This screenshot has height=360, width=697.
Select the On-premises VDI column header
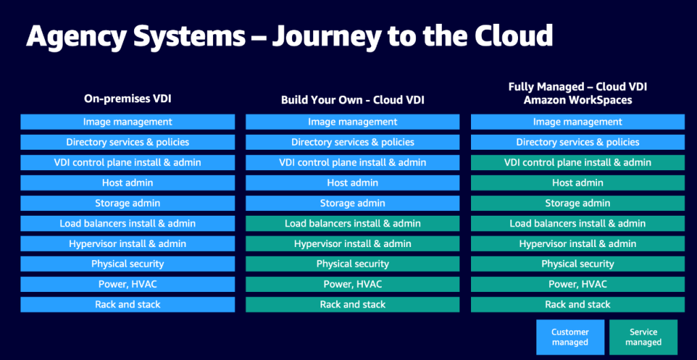(127, 99)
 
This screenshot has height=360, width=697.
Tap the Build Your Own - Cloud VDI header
(353, 100)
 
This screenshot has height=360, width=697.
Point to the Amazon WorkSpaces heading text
(577, 100)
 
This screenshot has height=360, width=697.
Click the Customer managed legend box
(570, 337)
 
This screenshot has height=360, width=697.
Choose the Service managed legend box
(643, 337)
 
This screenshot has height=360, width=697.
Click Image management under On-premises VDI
(127, 122)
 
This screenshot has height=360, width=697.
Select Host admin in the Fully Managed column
(577, 182)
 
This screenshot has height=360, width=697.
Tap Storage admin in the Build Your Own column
(353, 203)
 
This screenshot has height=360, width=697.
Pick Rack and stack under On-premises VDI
(127, 304)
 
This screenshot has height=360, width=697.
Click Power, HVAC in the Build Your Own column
(353, 284)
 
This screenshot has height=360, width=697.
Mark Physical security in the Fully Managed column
(577, 263)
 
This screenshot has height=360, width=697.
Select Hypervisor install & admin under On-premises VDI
(127, 244)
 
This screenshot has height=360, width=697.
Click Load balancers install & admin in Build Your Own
(353, 223)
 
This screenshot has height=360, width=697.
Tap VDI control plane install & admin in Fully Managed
(577, 163)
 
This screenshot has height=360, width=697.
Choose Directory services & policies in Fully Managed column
(577, 142)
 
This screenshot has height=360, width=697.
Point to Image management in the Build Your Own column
(353, 122)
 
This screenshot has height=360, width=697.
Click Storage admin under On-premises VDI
(127, 203)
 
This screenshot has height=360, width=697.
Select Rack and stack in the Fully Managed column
(577, 304)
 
